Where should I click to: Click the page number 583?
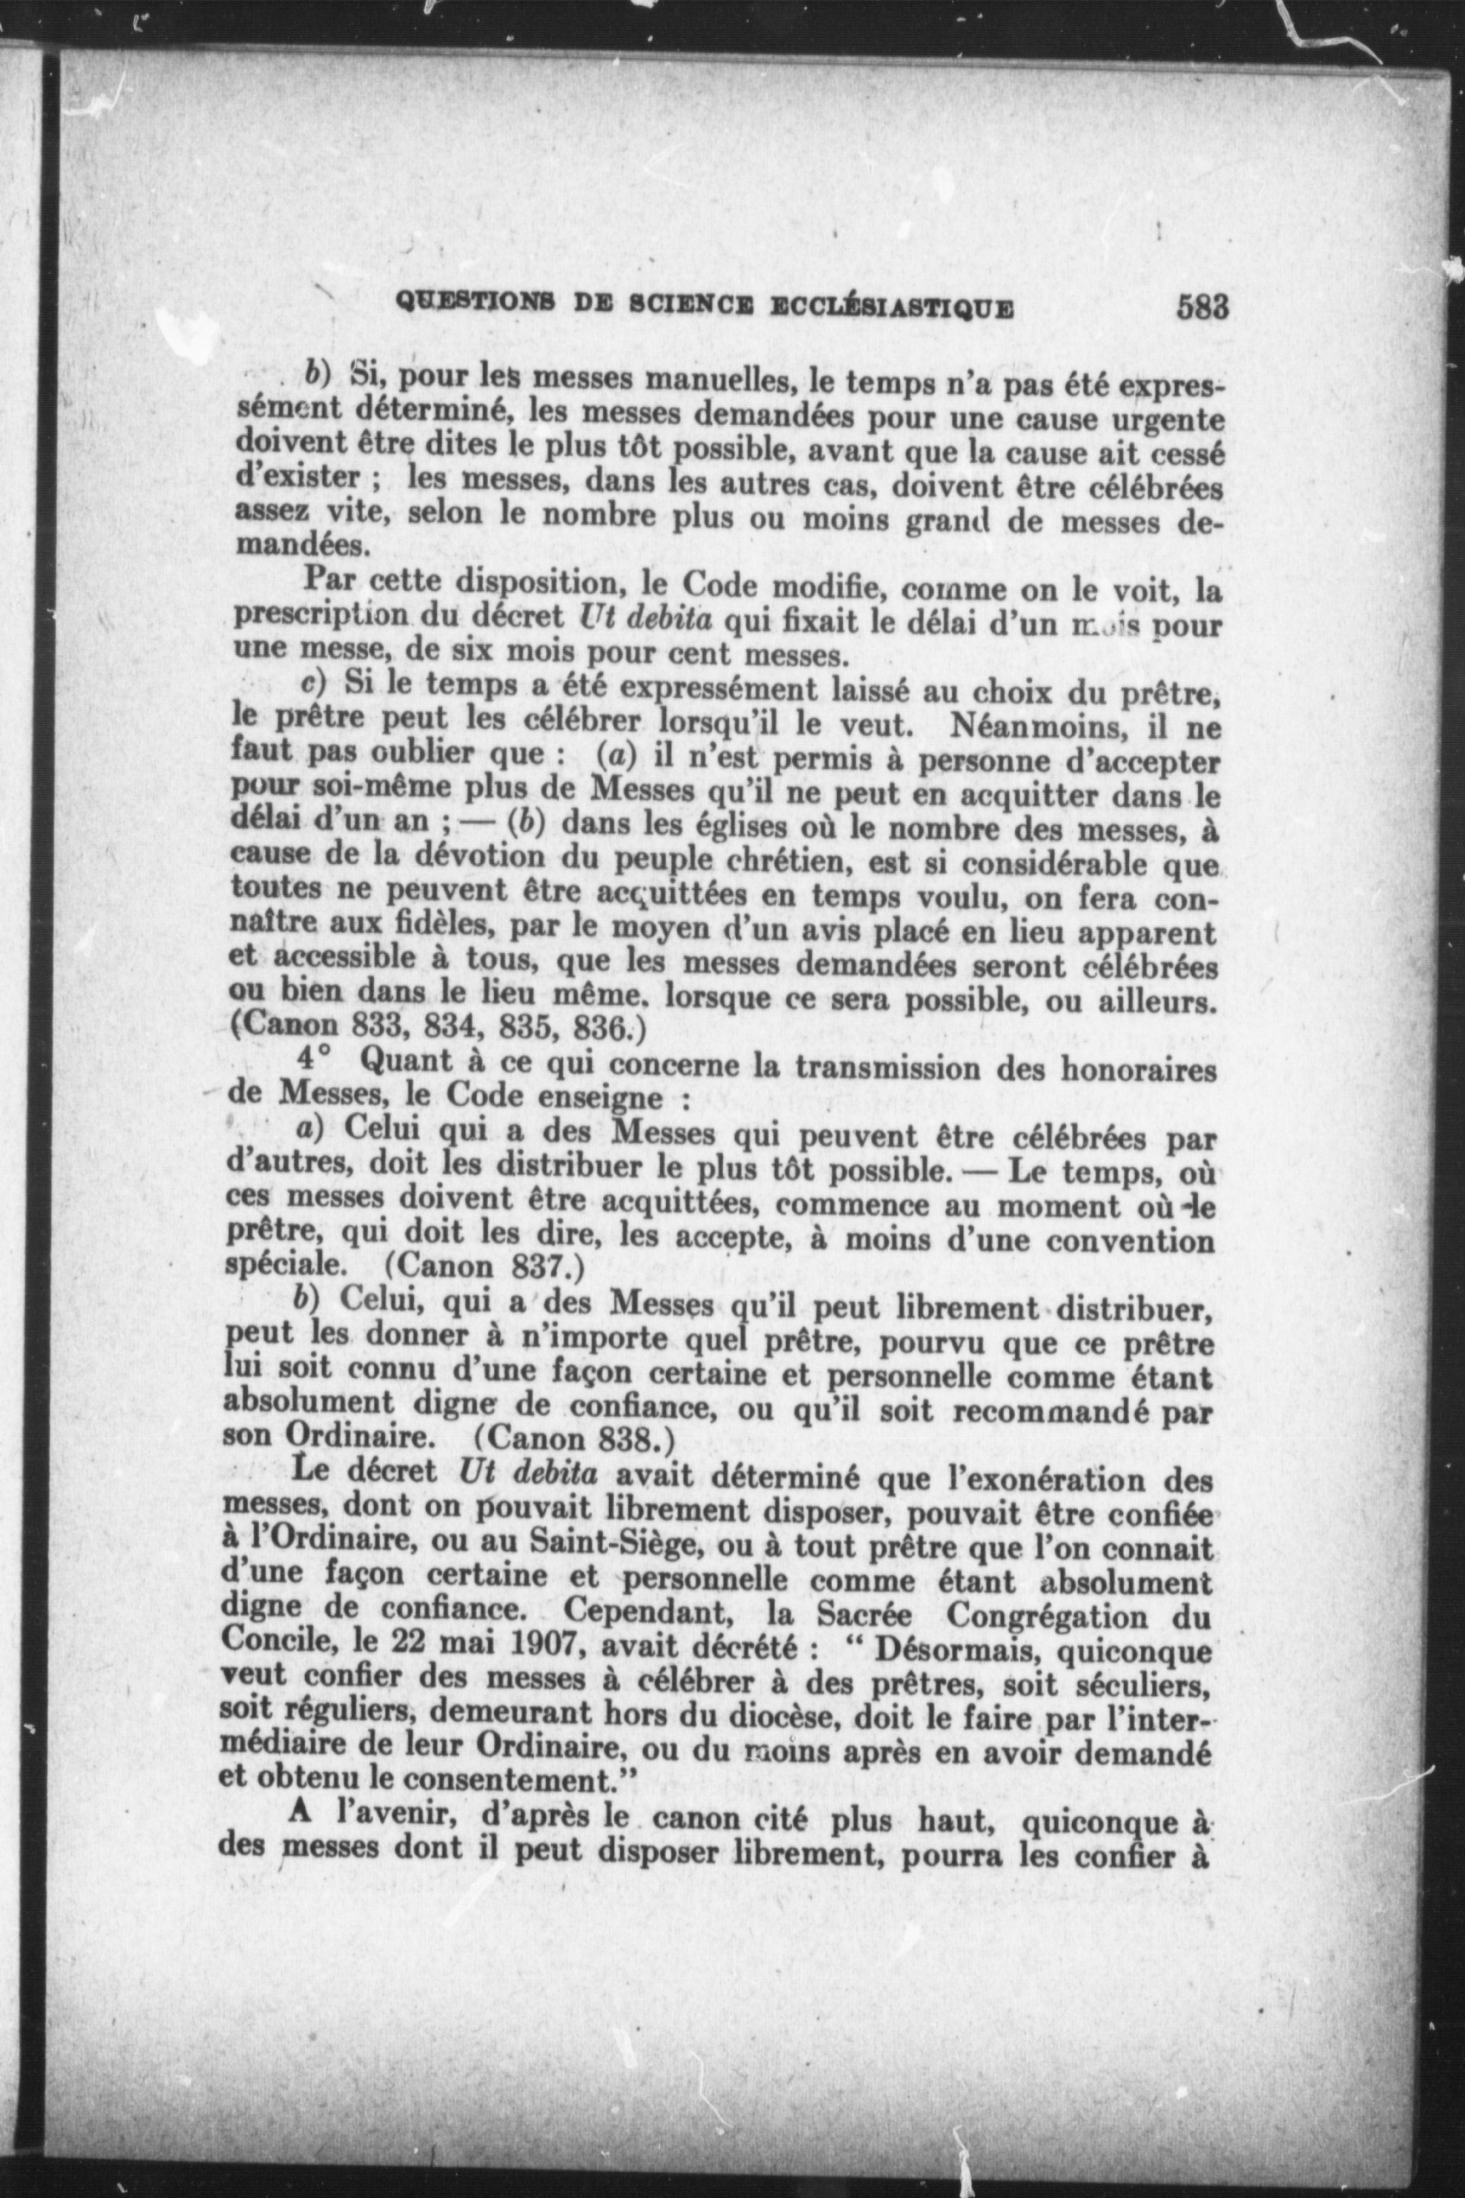click(x=1201, y=308)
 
